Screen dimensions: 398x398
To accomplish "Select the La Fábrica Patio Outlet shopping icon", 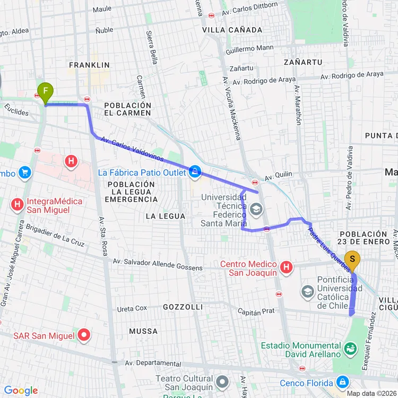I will click(x=195, y=171).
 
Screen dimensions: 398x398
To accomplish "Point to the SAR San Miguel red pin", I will click(x=84, y=335).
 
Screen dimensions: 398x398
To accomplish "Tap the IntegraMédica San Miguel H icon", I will click(x=18, y=203).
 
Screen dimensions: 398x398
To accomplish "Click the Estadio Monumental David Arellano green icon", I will click(x=350, y=349).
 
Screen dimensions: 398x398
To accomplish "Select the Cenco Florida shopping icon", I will click(x=343, y=382).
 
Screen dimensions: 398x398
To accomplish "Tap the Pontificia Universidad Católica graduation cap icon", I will click(x=308, y=291).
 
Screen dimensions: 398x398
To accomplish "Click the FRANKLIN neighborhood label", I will click(x=89, y=65).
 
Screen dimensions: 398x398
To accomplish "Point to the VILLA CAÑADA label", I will click(x=232, y=30).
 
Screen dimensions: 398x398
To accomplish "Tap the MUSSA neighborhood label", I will click(x=143, y=331).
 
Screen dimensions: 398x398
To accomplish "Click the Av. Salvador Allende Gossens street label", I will click(x=158, y=265).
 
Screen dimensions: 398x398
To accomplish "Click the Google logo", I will click(x=21, y=391).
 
